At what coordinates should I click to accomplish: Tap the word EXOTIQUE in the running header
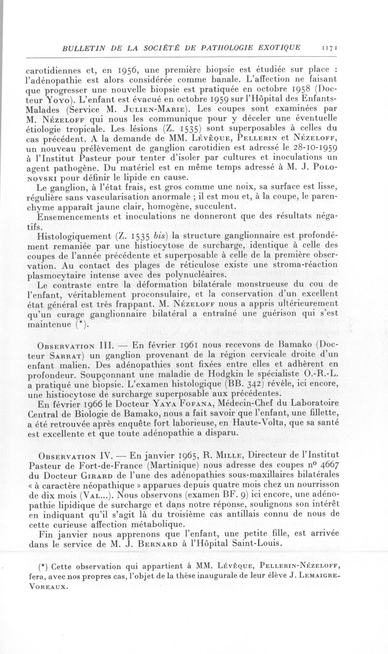274,48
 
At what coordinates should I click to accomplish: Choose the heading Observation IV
78,456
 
